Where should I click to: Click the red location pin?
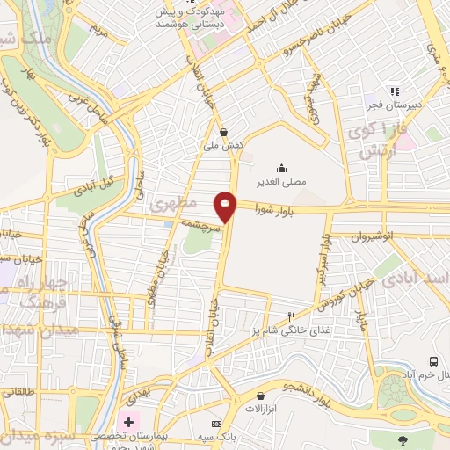(227, 207)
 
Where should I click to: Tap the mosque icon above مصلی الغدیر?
(281, 168)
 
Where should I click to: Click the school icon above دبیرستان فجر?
(395, 91)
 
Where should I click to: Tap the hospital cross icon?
(129, 423)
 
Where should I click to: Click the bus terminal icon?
(432, 361)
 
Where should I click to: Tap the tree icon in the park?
(403, 439)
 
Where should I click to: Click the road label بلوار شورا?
(277, 210)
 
